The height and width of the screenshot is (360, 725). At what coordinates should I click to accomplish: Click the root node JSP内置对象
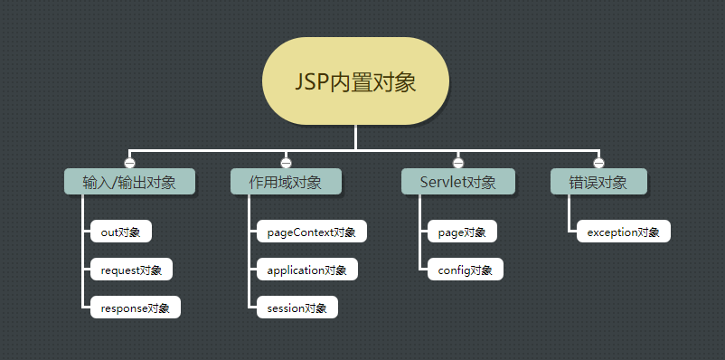355,81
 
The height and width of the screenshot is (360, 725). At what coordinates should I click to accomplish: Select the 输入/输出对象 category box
129,182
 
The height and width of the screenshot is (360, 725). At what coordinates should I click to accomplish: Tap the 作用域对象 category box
286,182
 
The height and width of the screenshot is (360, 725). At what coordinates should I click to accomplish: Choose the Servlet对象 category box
458,182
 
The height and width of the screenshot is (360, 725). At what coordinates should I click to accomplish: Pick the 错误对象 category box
598,182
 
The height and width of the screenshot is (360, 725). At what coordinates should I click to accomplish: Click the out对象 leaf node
120,232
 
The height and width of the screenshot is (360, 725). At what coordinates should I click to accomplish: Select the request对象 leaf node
131,270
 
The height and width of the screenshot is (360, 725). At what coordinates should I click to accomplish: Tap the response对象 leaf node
136,308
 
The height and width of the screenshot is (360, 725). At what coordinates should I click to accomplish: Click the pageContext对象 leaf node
312,232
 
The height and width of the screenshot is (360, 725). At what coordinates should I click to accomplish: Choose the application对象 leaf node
307,270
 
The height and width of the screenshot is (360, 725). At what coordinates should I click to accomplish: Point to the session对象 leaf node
297,308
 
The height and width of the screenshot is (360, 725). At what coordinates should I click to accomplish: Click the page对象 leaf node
462,232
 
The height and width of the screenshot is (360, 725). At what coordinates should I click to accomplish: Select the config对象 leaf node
465,270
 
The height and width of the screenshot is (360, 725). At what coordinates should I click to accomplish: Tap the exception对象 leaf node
624,232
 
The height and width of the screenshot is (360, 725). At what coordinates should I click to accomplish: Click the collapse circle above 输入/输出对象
129,162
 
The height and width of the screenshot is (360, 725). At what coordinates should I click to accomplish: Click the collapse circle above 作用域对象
286,162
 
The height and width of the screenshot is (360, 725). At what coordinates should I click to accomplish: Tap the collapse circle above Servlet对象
458,162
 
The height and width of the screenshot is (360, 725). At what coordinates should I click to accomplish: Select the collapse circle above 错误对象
598,162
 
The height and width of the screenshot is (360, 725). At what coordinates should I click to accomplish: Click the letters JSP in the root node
311,82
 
